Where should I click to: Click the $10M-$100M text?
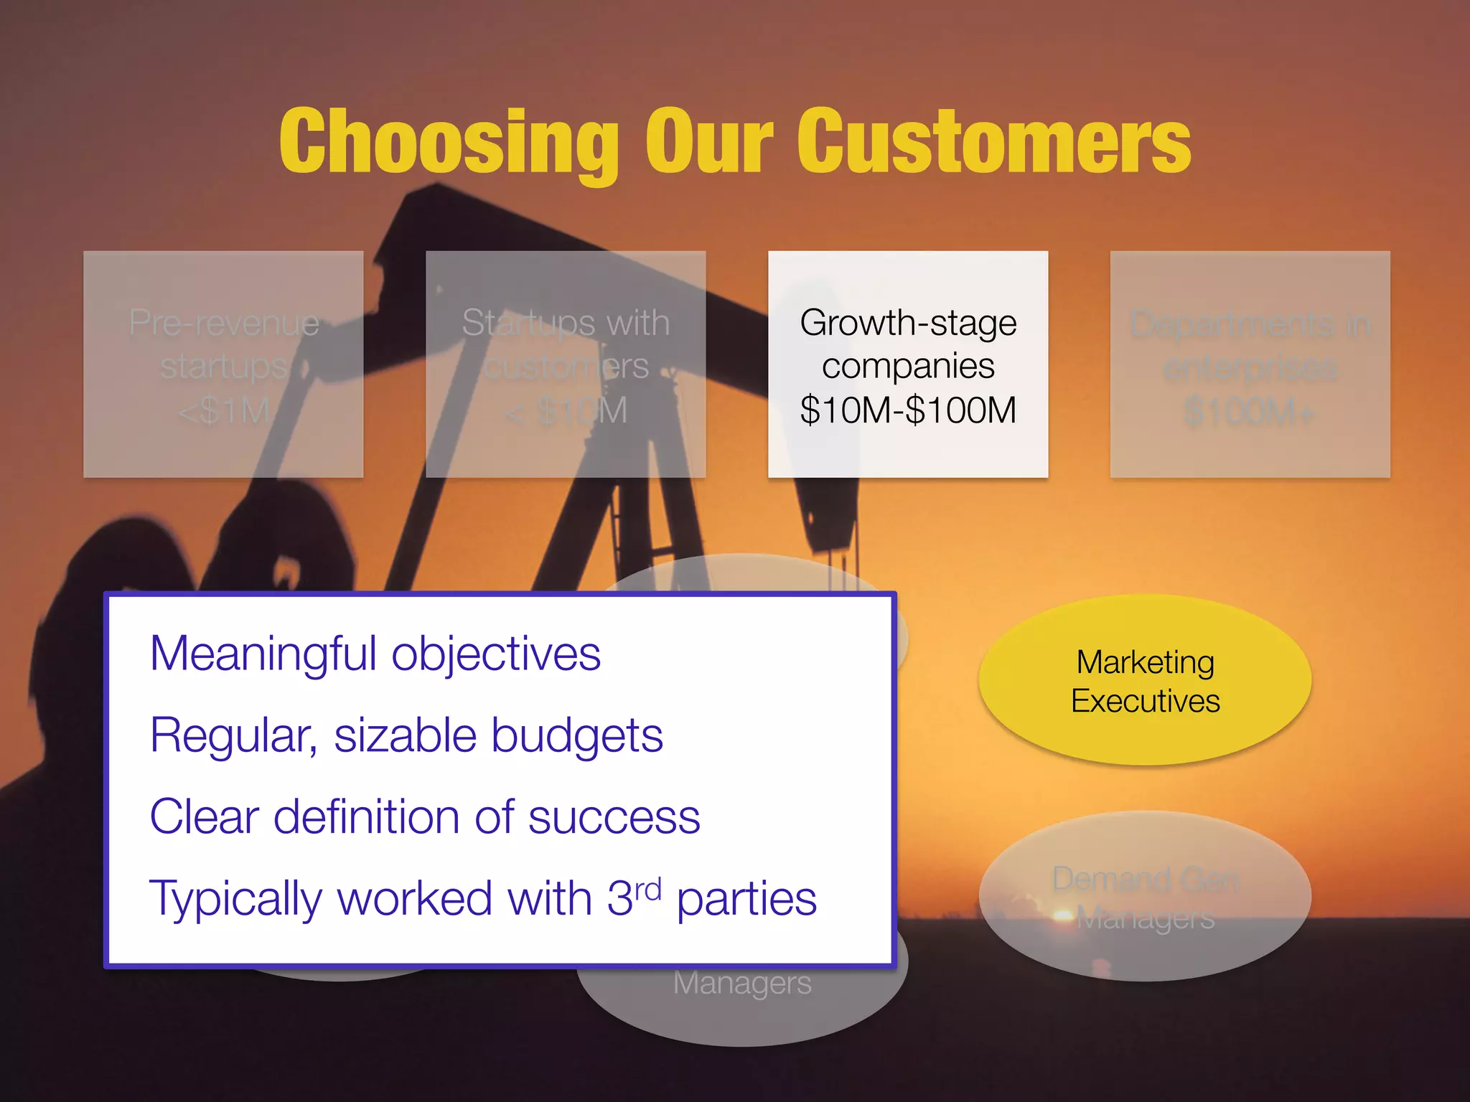click(x=908, y=410)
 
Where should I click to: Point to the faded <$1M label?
click(x=223, y=411)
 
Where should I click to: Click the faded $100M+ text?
click(x=1250, y=412)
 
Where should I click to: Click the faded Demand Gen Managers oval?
click(x=1145, y=897)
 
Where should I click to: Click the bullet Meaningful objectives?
click(x=375, y=654)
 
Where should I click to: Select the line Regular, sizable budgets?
click(x=406, y=735)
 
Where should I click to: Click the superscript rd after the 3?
click(x=647, y=890)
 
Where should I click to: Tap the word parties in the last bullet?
click(x=746, y=900)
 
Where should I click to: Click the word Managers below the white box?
click(x=742, y=983)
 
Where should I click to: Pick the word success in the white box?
click(x=614, y=817)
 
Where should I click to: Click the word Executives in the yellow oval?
click(x=1145, y=701)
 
